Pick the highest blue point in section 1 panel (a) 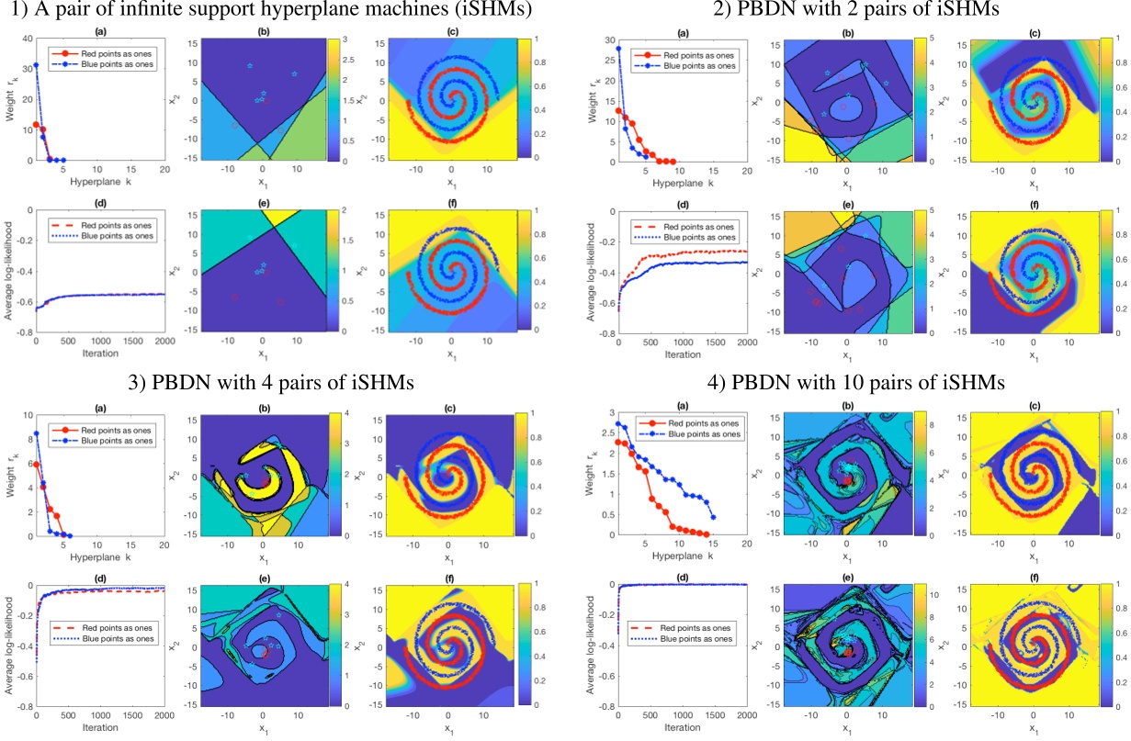(x=36, y=65)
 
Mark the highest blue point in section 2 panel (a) (x=618, y=49)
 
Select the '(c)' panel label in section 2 (x=1035, y=32)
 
